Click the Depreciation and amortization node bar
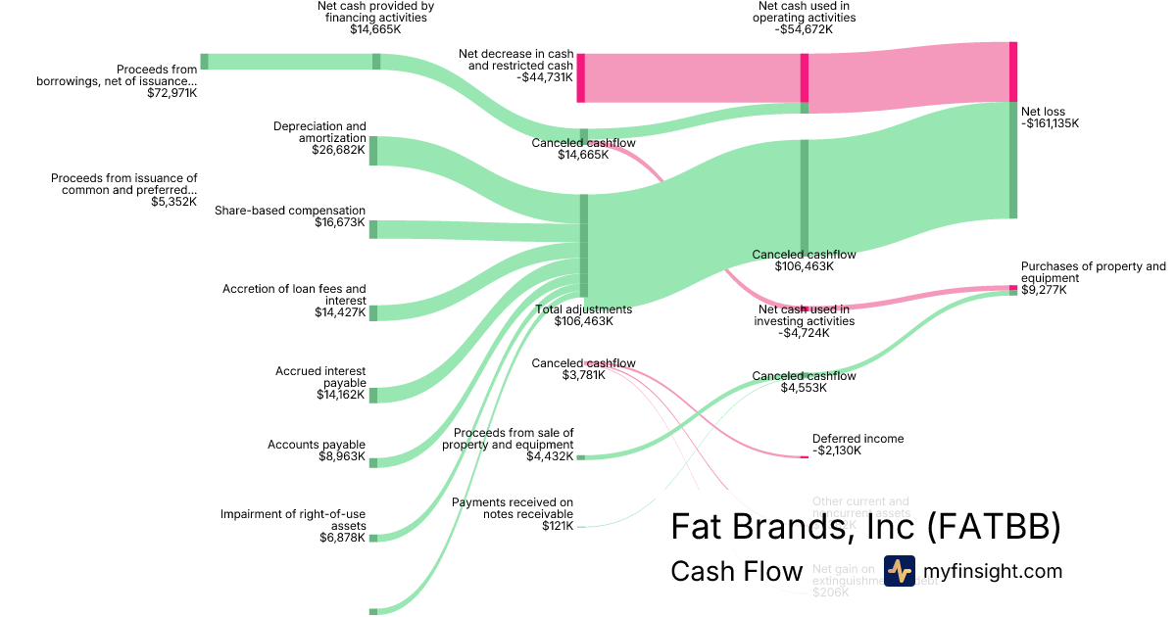[x=373, y=151]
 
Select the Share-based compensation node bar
[x=373, y=229]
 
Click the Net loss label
[x=1043, y=112]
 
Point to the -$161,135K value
[x=1050, y=124]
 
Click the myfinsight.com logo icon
[x=899, y=571]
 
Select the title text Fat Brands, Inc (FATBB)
[x=865, y=527]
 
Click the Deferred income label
[x=857, y=439]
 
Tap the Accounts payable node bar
[x=373, y=462]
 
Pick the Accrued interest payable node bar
[x=373, y=395]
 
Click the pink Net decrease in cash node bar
[x=580, y=77]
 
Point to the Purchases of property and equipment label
[x=1093, y=271]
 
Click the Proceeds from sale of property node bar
[x=580, y=457]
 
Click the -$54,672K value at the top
[x=803, y=29]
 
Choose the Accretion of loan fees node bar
[x=373, y=312]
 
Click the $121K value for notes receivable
[x=558, y=526]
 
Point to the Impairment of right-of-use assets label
[x=293, y=519]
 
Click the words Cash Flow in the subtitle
[x=736, y=572]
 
